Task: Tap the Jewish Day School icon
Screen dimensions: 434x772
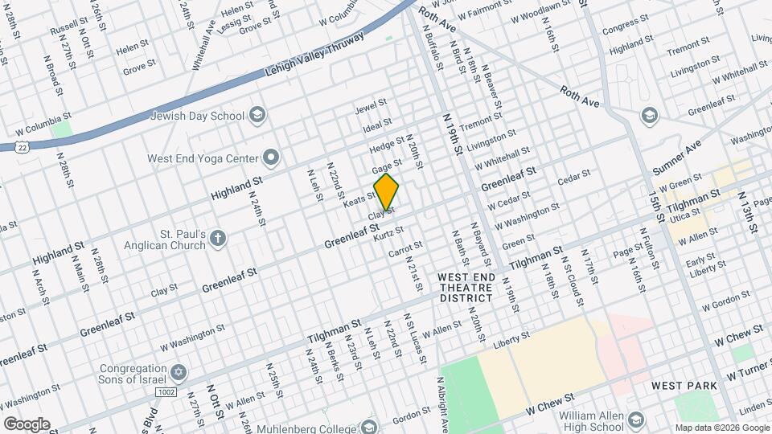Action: pos(257,115)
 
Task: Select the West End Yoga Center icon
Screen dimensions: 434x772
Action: pos(272,158)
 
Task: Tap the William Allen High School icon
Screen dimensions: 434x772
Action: pos(637,420)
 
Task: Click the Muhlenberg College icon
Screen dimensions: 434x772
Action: pos(370,425)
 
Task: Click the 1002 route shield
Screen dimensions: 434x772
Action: pos(166,391)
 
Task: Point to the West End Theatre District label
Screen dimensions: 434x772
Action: pos(465,287)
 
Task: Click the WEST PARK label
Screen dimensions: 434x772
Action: pos(684,386)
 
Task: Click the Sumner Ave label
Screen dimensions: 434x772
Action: pos(677,157)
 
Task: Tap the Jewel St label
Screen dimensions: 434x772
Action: pos(372,106)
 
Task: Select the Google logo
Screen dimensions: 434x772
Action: pos(27,424)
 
